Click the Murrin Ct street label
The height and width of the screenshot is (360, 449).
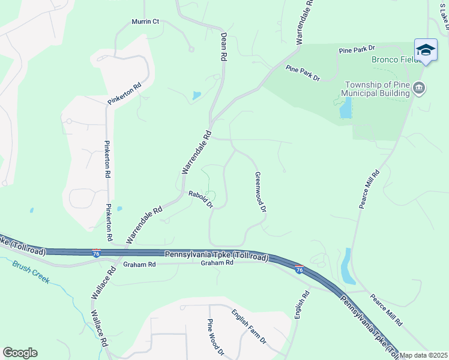[x=145, y=22]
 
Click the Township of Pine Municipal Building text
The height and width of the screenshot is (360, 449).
[x=375, y=89]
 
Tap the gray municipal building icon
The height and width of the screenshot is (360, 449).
[x=420, y=89]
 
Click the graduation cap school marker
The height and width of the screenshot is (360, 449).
[x=426, y=50]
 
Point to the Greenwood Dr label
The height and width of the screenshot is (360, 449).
[x=261, y=193]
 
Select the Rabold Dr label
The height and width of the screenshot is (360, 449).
[x=200, y=199]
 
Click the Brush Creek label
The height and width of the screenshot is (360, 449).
[x=31, y=272]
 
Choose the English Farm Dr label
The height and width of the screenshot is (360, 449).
[x=249, y=326]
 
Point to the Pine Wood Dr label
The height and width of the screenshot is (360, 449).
[x=216, y=337]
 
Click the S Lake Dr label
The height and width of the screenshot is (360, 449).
[x=444, y=13]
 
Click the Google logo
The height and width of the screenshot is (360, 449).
[x=20, y=353]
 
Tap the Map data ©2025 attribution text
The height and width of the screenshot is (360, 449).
[x=424, y=356]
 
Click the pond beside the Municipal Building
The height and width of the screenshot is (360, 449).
[x=345, y=108]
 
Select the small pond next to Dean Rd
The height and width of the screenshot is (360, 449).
[x=197, y=95]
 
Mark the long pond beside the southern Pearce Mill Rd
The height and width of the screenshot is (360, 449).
[x=348, y=266]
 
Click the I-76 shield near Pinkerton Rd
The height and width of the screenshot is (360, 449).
[x=97, y=254]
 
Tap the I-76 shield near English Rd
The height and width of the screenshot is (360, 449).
[x=298, y=269]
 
